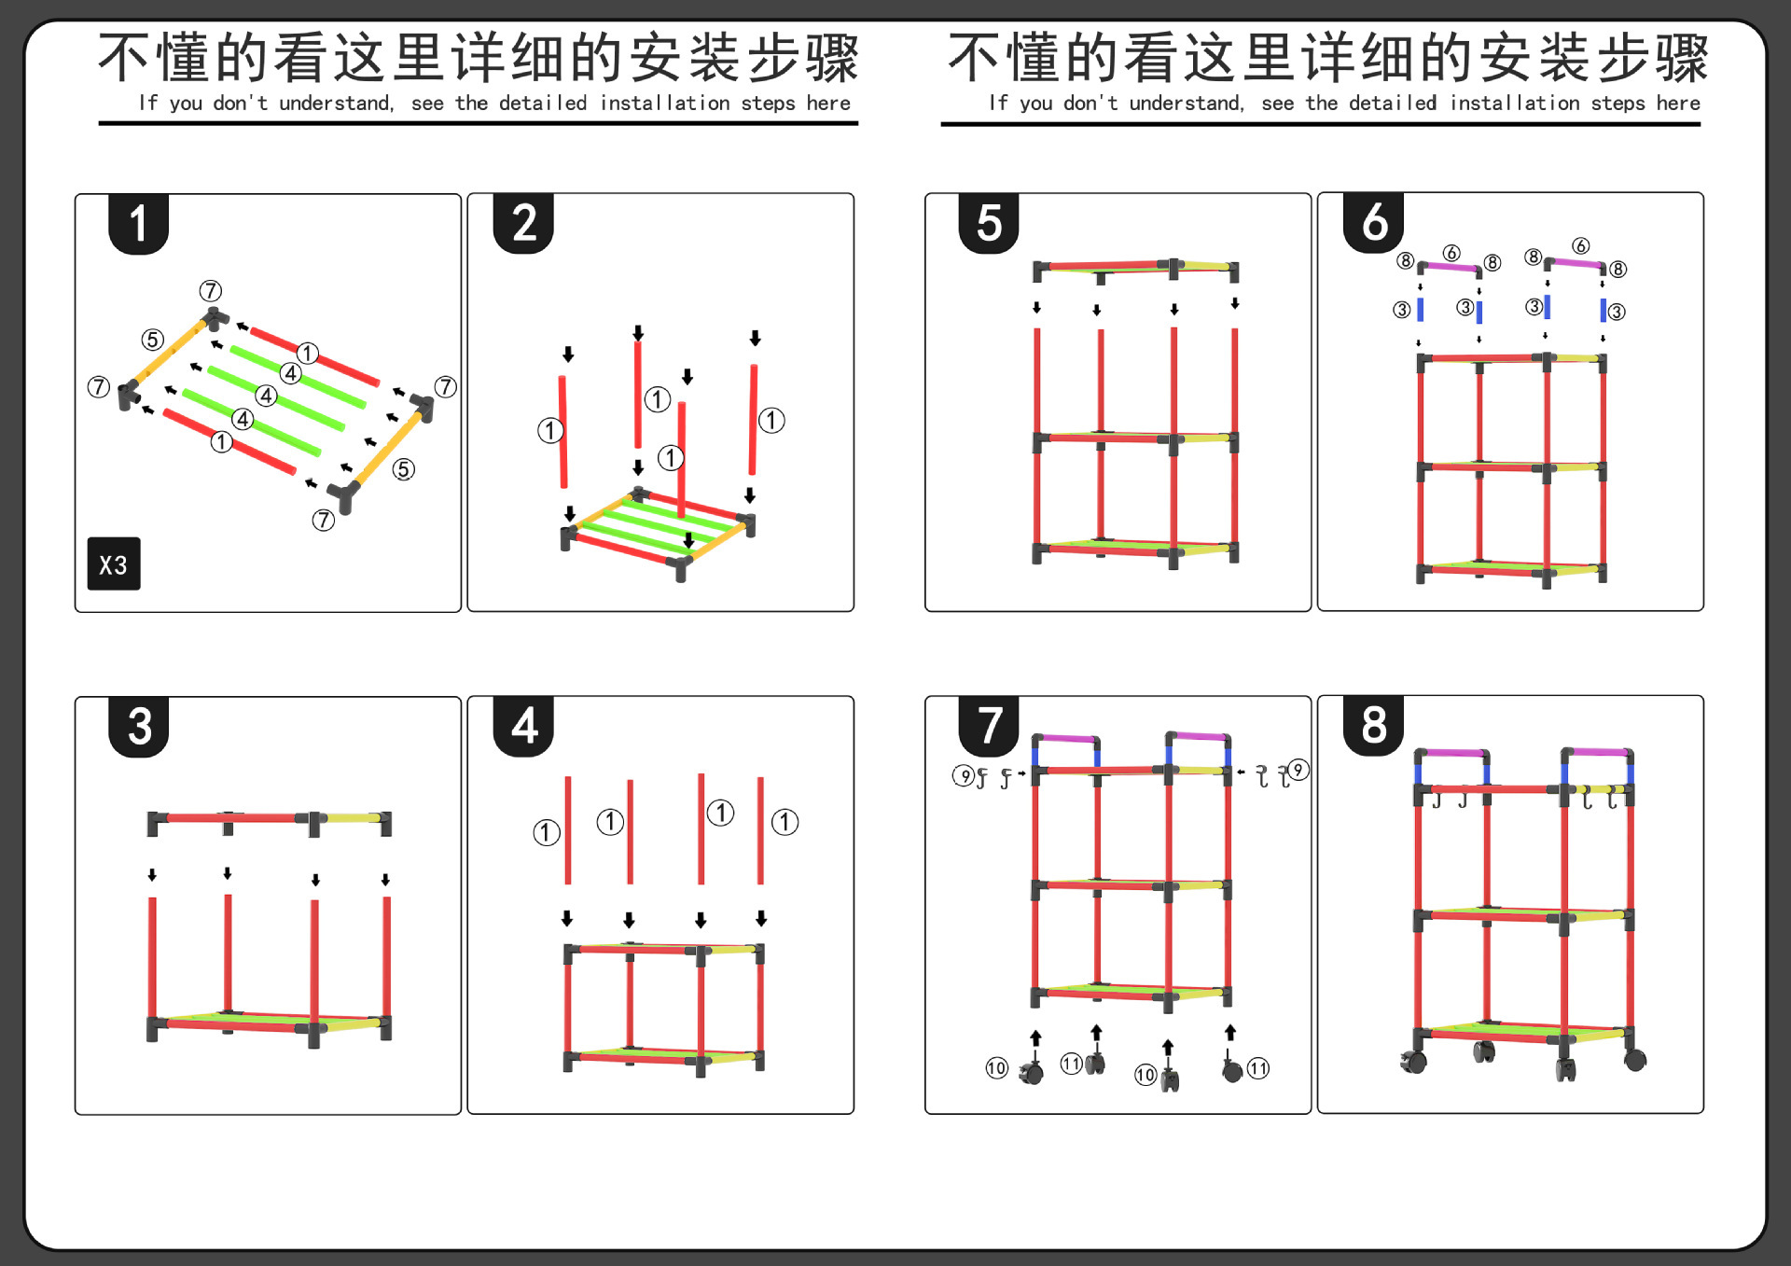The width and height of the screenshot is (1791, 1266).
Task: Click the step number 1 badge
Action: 138,224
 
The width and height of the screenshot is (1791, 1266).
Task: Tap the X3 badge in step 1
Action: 114,563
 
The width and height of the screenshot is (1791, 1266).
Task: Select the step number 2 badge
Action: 523,224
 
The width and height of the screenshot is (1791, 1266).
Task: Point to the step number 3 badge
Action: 138,726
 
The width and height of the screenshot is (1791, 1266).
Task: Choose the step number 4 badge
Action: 523,726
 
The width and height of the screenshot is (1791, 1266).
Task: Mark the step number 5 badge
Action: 989,224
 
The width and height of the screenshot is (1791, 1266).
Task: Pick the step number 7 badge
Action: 989,726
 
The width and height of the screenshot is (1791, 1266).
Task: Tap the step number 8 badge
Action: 1374,725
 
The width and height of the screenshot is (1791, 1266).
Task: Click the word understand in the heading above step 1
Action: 336,104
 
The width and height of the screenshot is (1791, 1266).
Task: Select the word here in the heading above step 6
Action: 1678,104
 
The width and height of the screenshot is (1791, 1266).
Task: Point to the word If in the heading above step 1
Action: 147,104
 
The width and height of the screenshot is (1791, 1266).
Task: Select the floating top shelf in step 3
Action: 269,820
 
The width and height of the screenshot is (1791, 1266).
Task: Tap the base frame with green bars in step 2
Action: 658,529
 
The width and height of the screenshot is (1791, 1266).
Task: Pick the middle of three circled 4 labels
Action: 267,396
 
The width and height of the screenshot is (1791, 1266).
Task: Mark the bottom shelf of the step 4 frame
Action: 663,1056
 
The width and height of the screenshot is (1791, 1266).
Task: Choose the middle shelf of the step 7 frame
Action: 1131,884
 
